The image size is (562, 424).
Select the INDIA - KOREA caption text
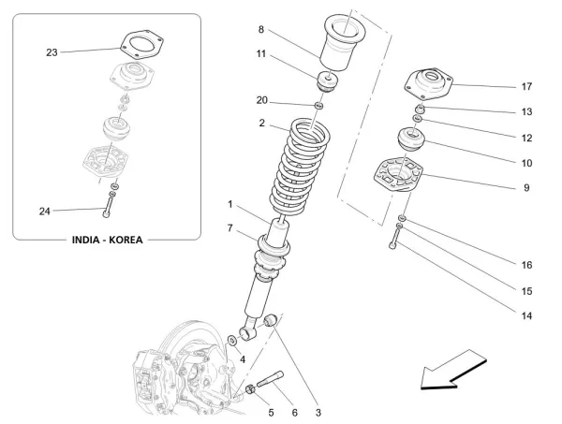click(108, 240)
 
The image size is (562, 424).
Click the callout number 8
click(262, 31)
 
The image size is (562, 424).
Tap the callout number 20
click(262, 100)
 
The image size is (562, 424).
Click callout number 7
click(229, 228)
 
